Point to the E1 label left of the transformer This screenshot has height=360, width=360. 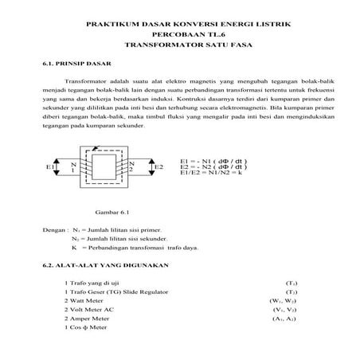[50, 167]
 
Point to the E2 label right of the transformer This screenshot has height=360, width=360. [158, 167]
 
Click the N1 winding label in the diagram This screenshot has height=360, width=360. [72, 166]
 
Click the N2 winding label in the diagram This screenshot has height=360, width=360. [131, 166]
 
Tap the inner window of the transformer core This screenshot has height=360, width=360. [102, 167]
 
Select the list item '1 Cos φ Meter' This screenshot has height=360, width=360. [85, 327]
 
